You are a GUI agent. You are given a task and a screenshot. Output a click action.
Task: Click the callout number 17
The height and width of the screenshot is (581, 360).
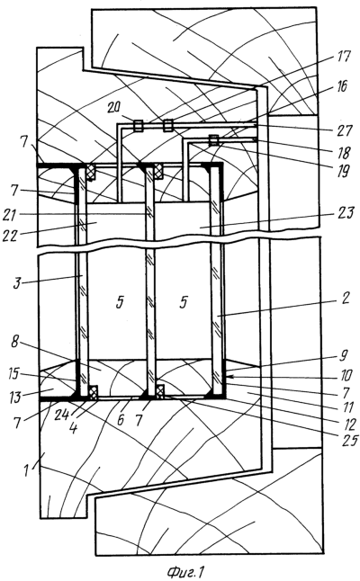pyautogui.click(x=344, y=57)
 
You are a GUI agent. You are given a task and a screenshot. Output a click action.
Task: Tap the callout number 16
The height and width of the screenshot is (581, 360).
pyautogui.click(x=341, y=86)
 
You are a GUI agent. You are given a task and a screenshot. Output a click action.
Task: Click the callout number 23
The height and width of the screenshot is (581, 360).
pyautogui.click(x=346, y=214)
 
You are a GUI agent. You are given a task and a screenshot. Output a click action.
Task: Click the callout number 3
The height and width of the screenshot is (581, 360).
pyautogui.click(x=16, y=283)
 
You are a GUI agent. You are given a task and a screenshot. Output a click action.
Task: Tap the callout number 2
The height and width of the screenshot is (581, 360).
pyautogui.click(x=346, y=299)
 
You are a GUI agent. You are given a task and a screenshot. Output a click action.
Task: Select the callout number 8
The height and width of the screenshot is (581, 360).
pyautogui.click(x=14, y=342)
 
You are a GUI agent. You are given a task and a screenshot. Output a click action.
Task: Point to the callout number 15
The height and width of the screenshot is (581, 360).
pyautogui.click(x=13, y=374)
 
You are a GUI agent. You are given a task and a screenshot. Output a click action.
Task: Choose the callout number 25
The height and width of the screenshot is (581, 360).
pyautogui.click(x=349, y=440)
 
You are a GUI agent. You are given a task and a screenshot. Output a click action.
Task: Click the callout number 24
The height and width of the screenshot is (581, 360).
pyautogui.click(x=61, y=415)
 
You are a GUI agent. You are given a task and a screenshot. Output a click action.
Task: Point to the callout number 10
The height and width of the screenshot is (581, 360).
pyautogui.click(x=346, y=376)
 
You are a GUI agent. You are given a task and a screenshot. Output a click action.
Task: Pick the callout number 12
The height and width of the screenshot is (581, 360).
pyautogui.click(x=347, y=424)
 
